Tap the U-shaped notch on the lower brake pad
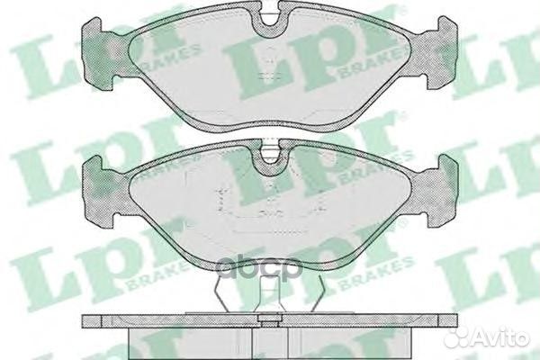pos(270,161)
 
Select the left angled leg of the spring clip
pos(226,293)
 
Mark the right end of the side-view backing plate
pos(454,321)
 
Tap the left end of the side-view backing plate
pos(86,321)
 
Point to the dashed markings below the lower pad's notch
pos(270,211)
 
